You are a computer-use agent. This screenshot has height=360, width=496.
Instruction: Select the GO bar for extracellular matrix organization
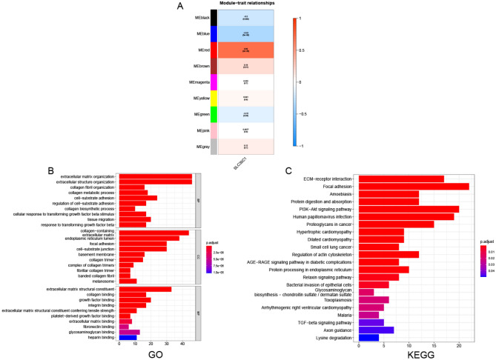(x=155, y=176)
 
